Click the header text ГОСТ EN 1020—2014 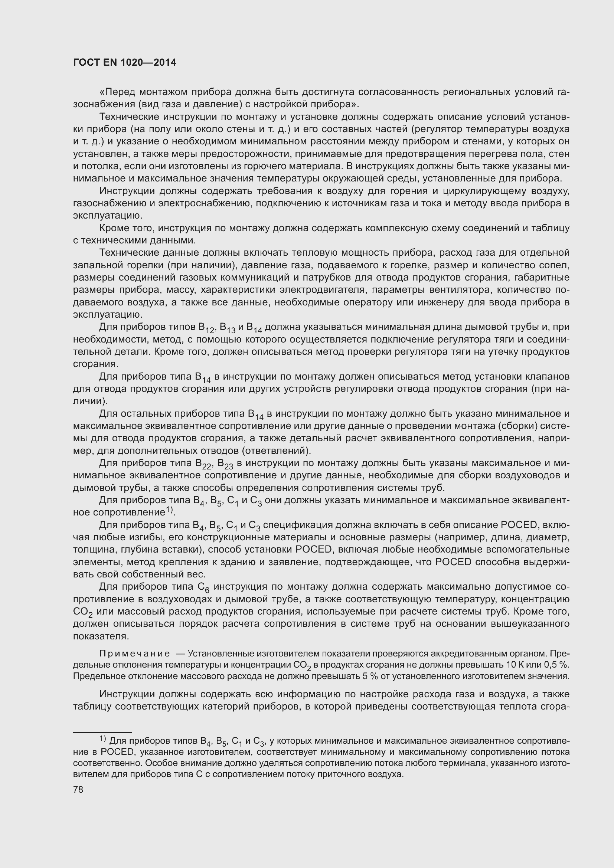coord(124,63)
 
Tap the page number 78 coord(78,789)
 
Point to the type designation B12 coord(206,328)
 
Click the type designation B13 coord(228,328)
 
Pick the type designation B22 coord(203,464)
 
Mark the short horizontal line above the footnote coord(102,733)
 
